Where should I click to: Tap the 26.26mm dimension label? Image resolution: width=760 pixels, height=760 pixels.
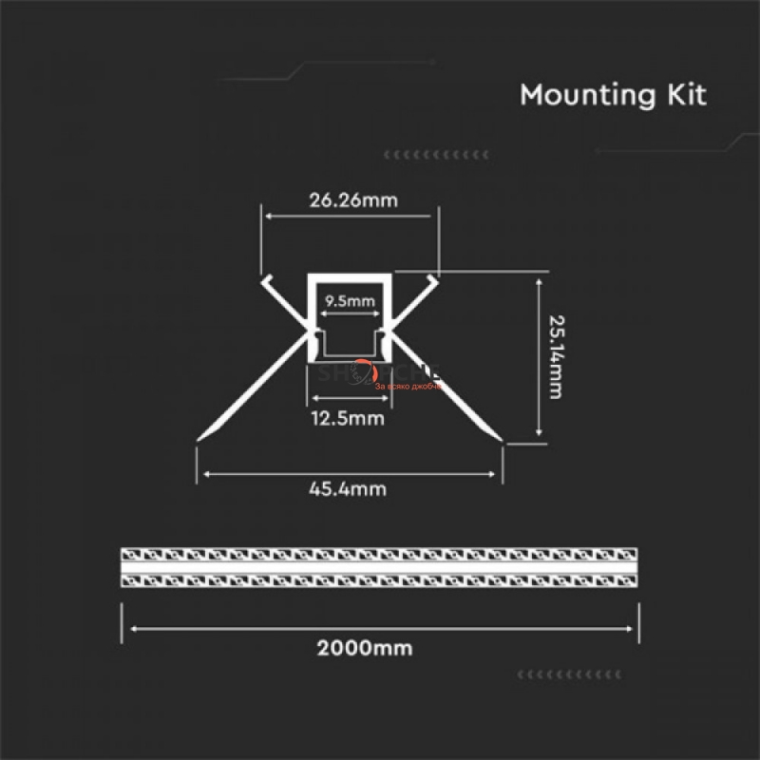(x=352, y=200)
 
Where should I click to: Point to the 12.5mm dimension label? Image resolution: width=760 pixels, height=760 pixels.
(x=347, y=418)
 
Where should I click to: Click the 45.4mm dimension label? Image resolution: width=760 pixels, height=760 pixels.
(x=348, y=489)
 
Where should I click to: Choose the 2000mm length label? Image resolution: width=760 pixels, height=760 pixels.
(x=378, y=649)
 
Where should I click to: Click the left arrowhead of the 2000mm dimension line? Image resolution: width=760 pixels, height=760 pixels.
(x=134, y=627)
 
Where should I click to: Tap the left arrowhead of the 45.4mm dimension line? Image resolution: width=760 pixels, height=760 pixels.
(x=201, y=471)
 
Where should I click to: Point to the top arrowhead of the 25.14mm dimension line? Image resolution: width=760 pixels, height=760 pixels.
(x=541, y=281)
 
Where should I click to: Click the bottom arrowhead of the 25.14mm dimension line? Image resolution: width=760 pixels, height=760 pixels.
(x=541, y=433)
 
